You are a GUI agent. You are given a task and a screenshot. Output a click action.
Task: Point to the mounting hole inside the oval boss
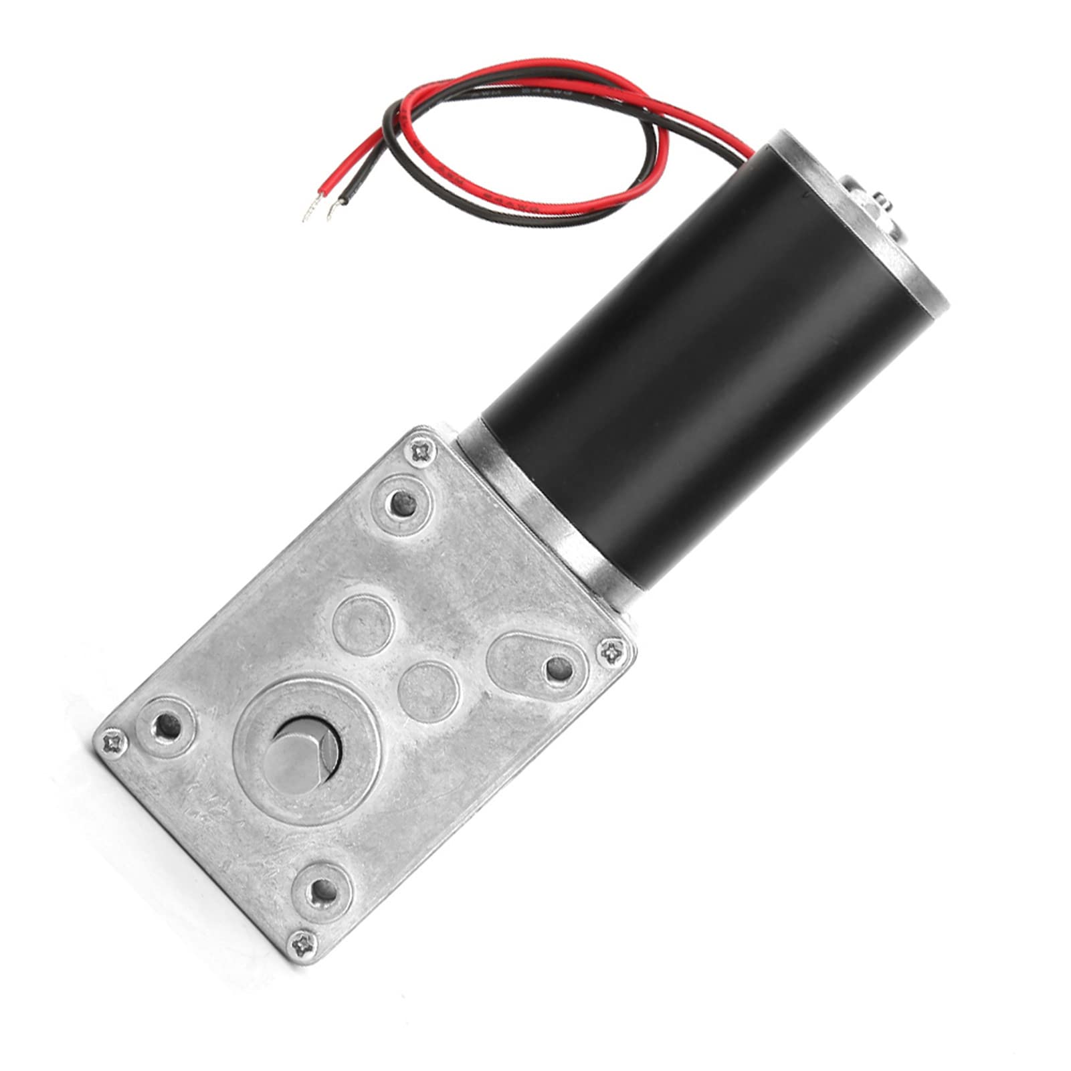[556, 666]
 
